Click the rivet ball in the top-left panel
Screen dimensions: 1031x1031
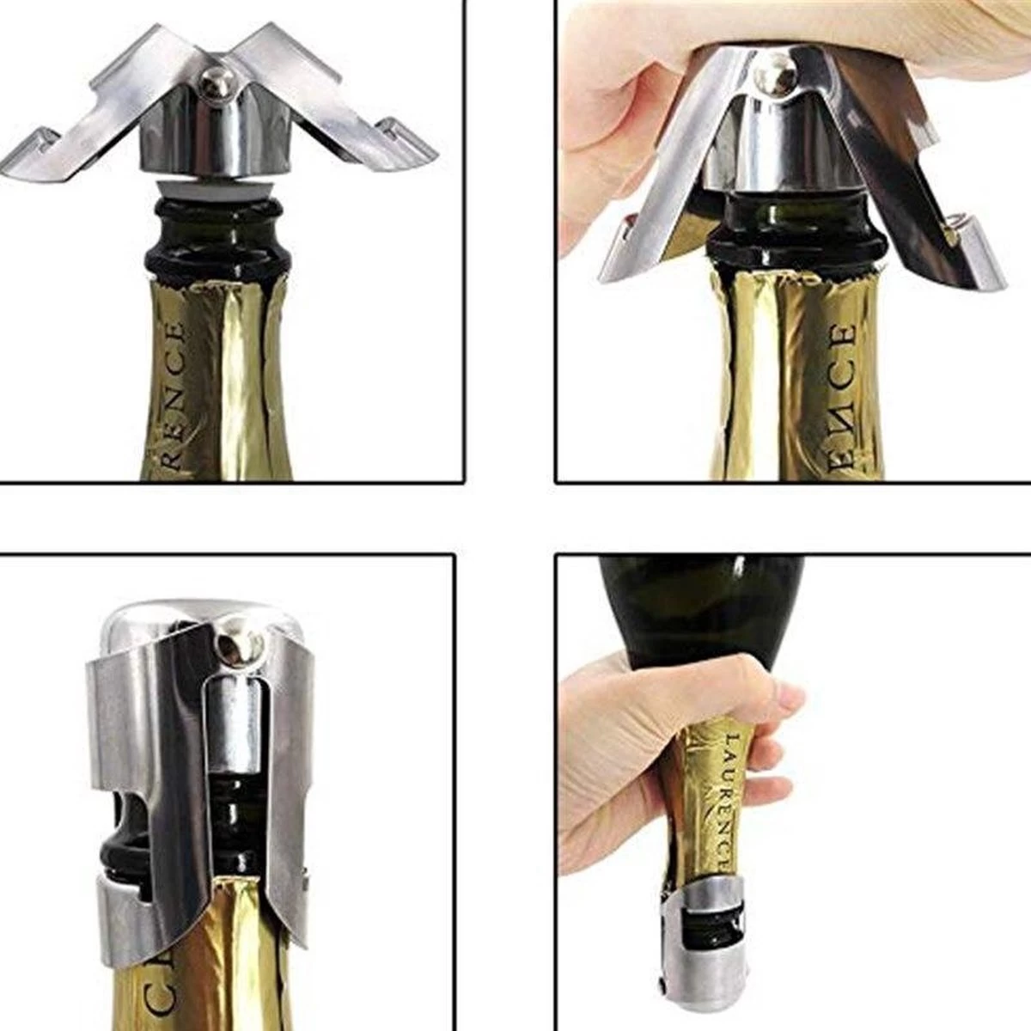coord(210,82)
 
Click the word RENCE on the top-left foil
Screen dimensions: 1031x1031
coord(173,395)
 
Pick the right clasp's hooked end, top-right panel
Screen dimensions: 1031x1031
coord(956,236)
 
